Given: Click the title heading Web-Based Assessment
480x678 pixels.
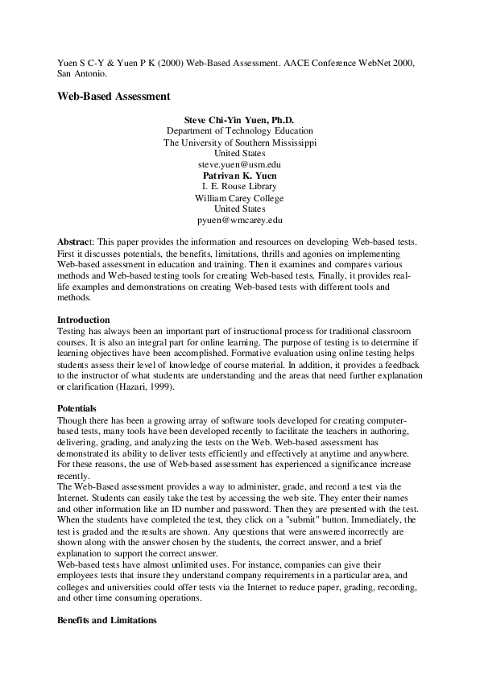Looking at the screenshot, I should click(113, 96).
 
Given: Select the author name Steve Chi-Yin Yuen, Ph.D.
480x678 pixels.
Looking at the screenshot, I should click(240, 119).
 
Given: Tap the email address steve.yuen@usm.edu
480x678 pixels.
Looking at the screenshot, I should click(240, 163).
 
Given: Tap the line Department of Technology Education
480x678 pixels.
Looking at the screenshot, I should click(240, 130).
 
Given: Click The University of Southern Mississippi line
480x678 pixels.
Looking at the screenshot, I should click(240, 142).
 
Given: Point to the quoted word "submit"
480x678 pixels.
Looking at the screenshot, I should click(287, 522).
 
